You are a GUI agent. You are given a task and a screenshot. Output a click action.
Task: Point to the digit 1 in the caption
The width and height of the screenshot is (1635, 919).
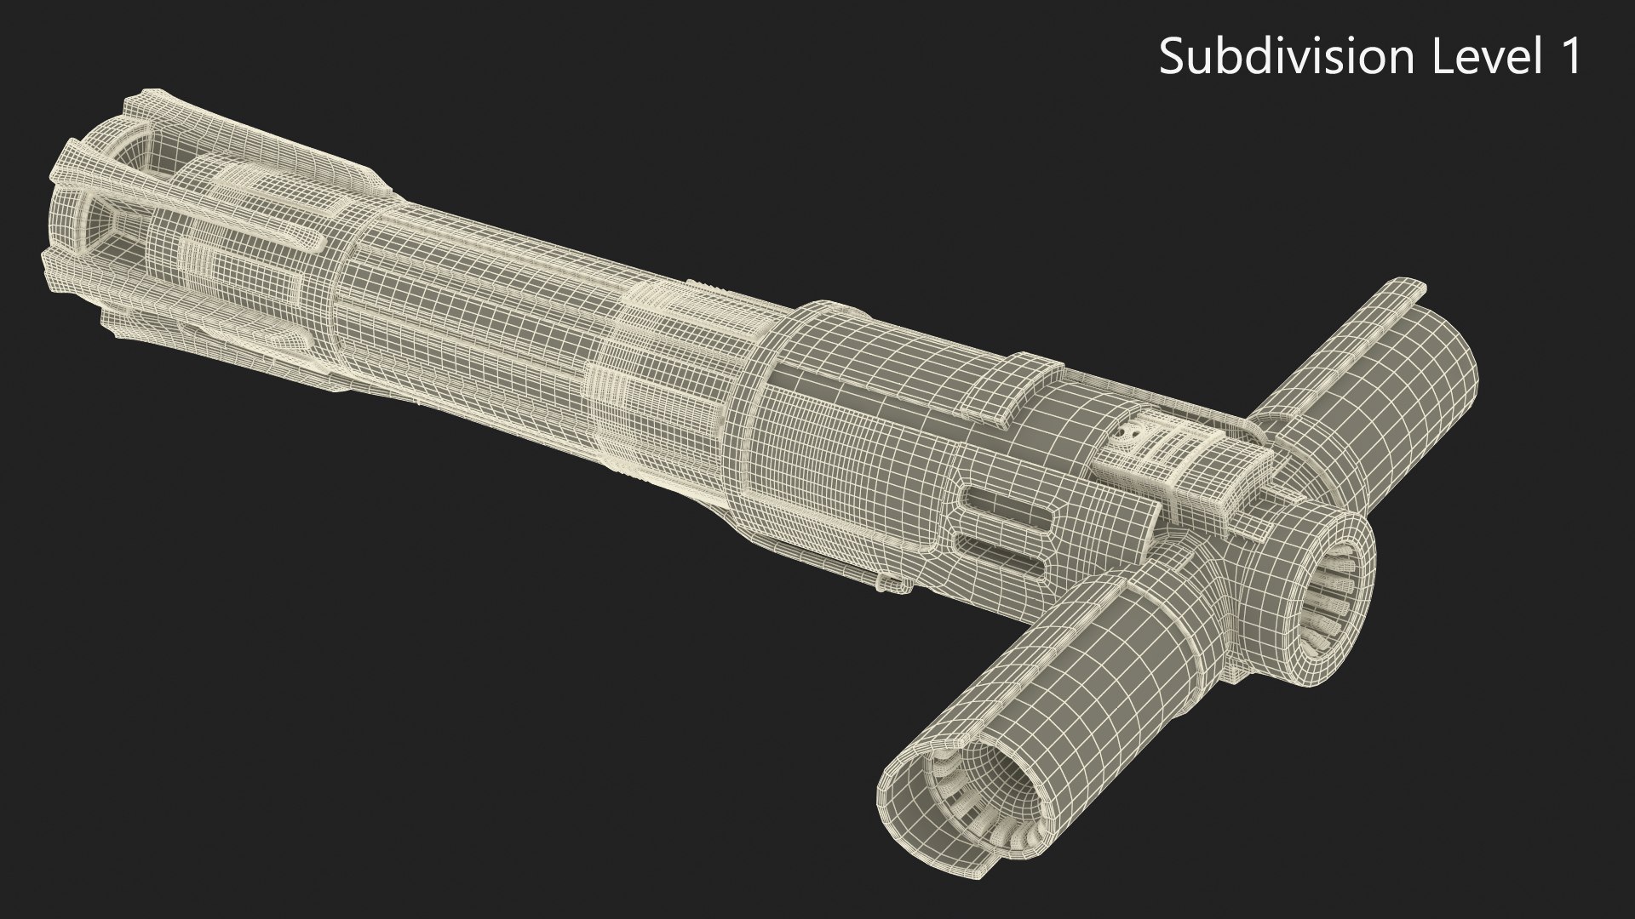click(x=1569, y=58)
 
